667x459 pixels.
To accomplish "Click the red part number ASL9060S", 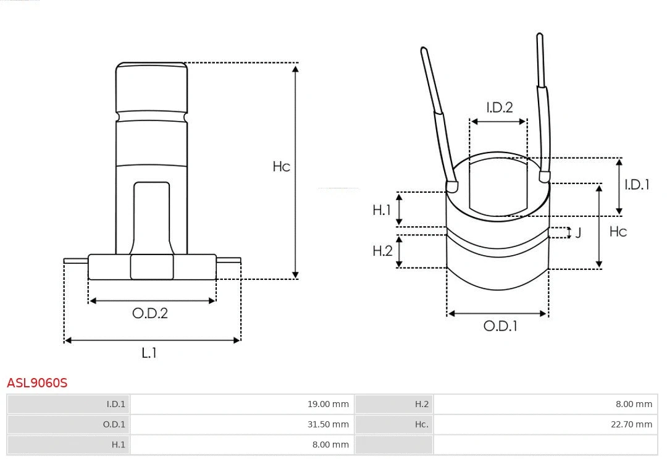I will click(x=37, y=383).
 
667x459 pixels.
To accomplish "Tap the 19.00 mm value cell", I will click(x=328, y=404).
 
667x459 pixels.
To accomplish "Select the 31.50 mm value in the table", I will click(x=328, y=424).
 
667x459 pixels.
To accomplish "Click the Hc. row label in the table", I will click(x=421, y=424).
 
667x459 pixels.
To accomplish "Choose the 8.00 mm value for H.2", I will click(x=634, y=404).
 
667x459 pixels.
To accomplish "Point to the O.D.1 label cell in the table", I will click(x=114, y=424).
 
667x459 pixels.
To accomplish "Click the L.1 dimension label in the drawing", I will click(x=149, y=353).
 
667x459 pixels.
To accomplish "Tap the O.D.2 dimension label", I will click(x=150, y=313).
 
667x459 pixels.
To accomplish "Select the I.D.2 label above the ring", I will click(x=499, y=107).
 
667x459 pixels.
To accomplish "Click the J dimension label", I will click(x=578, y=233).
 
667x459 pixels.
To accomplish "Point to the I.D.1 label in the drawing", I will click(x=637, y=184).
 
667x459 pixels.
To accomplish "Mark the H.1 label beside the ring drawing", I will click(x=382, y=210).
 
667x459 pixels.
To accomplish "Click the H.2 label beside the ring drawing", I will click(x=382, y=251).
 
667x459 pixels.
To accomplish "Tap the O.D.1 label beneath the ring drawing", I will click(x=500, y=326).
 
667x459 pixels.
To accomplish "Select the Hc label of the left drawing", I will click(x=281, y=167).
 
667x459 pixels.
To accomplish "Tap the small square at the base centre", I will click(x=152, y=267).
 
